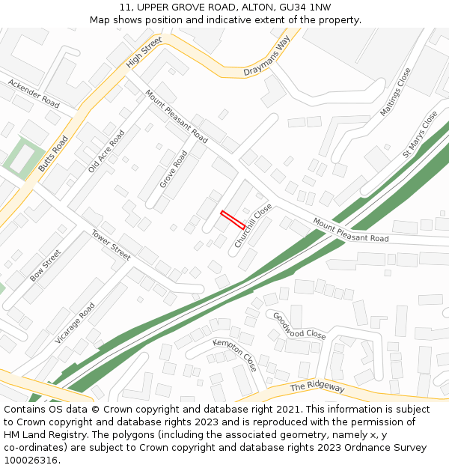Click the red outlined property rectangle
coord(233,219)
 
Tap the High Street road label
coord(144,52)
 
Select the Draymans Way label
coord(266,61)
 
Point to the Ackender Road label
coord(34,92)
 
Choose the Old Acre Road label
coord(106,151)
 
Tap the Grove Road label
coord(174,169)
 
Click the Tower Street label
coord(111,245)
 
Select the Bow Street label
coord(45,266)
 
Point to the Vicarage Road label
coord(75,323)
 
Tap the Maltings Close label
coord(396,91)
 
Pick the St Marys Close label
coord(420,134)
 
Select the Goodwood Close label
coord(299,326)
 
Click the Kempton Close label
coord(235,354)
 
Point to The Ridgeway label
coord(317,386)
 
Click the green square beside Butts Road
coord(20,159)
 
